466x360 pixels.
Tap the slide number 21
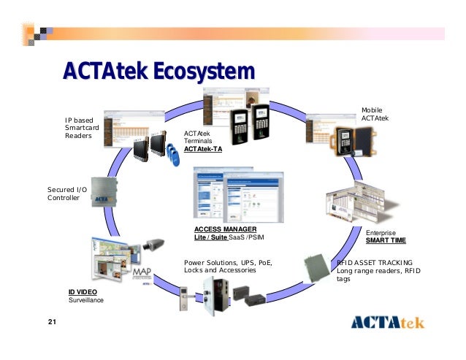tap(52, 322)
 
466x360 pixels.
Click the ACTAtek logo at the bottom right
tap(387, 322)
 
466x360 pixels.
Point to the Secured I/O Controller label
tap(67, 194)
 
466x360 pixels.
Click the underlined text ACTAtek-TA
tap(203, 149)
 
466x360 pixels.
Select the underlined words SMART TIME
tap(386, 240)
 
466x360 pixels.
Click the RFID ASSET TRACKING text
tap(375, 263)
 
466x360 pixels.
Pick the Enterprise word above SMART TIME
tap(381, 232)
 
